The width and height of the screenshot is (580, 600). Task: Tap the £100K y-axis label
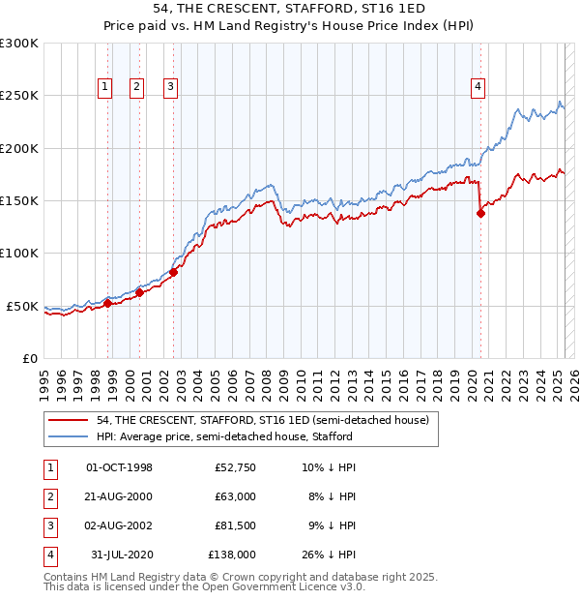point(19,253)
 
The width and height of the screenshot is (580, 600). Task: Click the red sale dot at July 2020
point(480,214)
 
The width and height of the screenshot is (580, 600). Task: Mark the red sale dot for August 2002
point(173,273)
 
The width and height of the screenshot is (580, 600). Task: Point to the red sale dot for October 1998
point(107,303)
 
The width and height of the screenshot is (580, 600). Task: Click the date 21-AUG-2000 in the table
point(120,496)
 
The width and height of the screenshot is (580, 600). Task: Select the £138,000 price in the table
point(232,555)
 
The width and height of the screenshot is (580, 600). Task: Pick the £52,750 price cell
point(236,467)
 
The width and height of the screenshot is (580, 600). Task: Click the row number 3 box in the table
point(49,525)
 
